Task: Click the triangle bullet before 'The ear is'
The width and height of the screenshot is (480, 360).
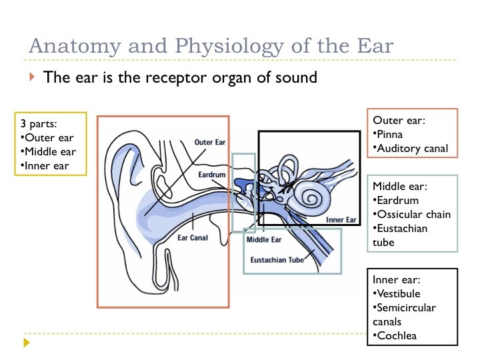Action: click(31, 77)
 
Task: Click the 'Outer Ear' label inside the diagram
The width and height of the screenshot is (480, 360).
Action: click(211, 142)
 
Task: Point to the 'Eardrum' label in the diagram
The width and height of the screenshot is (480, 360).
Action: click(213, 175)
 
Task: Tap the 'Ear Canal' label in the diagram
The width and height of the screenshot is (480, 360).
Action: click(192, 237)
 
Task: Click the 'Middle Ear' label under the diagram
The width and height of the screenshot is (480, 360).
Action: click(264, 239)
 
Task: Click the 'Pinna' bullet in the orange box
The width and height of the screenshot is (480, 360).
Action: click(390, 135)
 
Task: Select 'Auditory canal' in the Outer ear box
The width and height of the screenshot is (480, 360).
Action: click(413, 149)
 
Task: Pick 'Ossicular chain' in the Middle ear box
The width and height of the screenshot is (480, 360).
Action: click(414, 214)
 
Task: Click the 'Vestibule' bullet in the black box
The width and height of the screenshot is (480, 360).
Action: click(398, 293)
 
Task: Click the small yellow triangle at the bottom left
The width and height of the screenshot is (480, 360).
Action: click(27, 343)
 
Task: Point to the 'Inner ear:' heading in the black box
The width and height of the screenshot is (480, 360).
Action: click(397, 279)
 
